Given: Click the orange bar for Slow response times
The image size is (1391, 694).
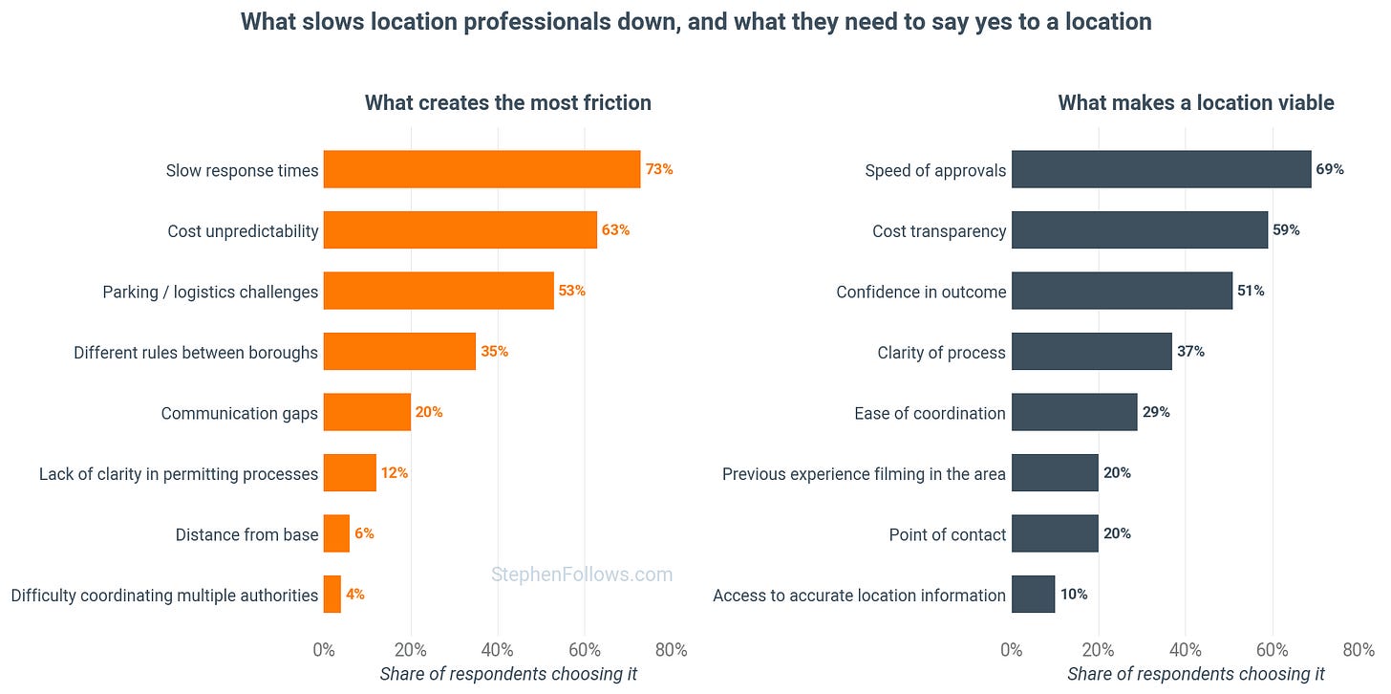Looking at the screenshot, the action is [481, 169].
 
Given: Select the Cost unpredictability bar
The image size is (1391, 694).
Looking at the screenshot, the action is [460, 229].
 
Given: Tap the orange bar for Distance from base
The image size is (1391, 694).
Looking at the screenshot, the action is [336, 533].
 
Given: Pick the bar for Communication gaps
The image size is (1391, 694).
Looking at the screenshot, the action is [367, 412].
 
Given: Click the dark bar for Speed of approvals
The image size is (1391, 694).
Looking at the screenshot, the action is [1162, 169].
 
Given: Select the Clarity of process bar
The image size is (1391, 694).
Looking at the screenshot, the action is [1092, 351].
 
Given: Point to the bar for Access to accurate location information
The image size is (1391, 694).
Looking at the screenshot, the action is [1034, 594].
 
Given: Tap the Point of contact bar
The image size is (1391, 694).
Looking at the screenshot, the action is [1055, 533].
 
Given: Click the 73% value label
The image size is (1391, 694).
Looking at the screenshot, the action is [659, 169].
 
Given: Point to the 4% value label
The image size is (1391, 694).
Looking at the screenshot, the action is [355, 594].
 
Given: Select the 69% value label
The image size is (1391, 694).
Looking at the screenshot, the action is [1330, 169].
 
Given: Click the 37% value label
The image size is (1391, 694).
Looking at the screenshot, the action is [1190, 351].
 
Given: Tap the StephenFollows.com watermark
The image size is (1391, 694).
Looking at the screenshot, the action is [582, 575].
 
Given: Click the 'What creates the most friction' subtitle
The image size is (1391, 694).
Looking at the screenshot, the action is [508, 102].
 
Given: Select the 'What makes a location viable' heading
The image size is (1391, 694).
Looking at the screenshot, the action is [1196, 102].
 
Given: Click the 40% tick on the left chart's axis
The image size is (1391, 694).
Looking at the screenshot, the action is [498, 650].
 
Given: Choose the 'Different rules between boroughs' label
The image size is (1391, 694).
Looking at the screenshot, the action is [196, 353].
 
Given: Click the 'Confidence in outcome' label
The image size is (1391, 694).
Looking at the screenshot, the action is [921, 292].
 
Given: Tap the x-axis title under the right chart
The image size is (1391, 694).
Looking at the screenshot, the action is [1196, 674].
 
